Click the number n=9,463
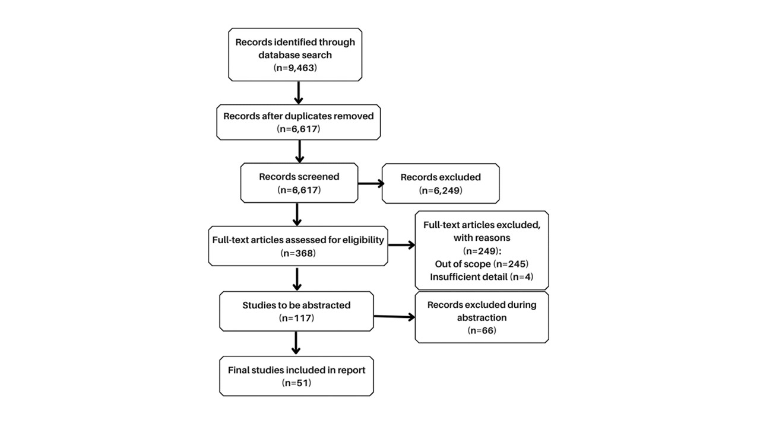pos(295,68)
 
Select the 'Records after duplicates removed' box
pos(299,122)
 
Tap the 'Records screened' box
pos(299,183)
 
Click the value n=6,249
pos(441,190)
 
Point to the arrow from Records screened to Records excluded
pos(371,184)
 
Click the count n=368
pos(298,253)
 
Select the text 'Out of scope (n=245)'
pos(482,264)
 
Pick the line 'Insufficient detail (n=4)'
pos(482,277)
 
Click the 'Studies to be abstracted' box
pos(296,311)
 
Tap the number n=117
pos(296,318)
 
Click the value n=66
pos(482,330)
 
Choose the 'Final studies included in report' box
pos(296,376)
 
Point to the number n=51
pos(296,383)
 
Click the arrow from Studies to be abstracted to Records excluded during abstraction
pos(394,317)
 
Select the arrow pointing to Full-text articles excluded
pos(402,245)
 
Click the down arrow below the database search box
pos(298,93)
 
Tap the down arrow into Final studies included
pos(296,343)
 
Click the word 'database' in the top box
pos(277,55)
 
